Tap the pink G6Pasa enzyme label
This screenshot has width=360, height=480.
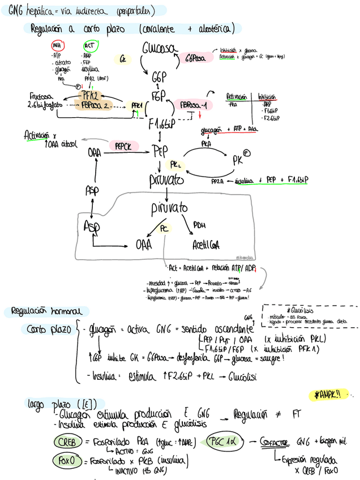tap(196, 57)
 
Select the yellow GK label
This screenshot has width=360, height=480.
tap(122, 58)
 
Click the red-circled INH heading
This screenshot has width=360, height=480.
tap(57, 46)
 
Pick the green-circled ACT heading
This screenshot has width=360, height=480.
tap(90, 45)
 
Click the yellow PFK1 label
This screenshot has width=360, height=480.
tap(136, 105)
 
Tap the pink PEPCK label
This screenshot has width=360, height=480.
tap(123, 146)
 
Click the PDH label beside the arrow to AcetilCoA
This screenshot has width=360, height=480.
tap(199, 225)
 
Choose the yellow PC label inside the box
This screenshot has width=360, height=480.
tap(164, 228)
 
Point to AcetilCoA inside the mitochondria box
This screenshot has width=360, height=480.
tap(206, 245)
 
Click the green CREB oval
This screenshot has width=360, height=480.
tap(68, 441)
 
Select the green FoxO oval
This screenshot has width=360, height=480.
tap(66, 460)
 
